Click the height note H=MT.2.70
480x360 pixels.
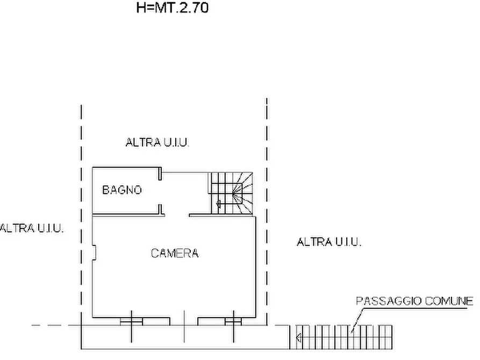173,8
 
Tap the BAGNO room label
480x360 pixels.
122,190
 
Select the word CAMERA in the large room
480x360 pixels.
175,253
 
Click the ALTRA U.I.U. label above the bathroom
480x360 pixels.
159,142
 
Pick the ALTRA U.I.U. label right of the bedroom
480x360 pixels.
329,242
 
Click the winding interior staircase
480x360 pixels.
231,192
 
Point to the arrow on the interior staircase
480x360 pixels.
218,204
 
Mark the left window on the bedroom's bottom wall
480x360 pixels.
131,321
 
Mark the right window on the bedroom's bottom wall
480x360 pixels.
233,321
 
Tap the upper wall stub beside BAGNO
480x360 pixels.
160,173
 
